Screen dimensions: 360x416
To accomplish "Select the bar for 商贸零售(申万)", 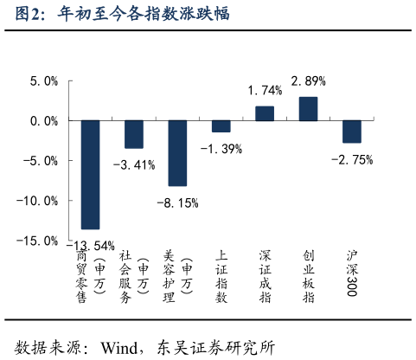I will [x=90, y=174].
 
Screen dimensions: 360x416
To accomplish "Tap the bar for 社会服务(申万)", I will [x=134, y=134].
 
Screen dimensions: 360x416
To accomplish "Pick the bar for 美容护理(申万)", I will [x=177, y=153].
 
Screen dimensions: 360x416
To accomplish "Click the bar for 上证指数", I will [x=221, y=126].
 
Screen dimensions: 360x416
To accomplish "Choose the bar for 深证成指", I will [x=265, y=113].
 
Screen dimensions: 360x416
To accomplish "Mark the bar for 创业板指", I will [x=309, y=109].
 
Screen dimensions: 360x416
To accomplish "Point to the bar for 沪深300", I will [x=352, y=132].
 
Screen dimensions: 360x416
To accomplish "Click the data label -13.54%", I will [x=90, y=245].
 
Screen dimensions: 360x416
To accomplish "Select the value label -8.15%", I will [x=177, y=203].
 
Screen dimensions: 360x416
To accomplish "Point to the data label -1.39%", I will [x=221, y=149].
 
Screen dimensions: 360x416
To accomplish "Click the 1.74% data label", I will [x=265, y=91].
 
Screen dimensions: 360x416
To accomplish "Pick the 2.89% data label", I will [x=309, y=81].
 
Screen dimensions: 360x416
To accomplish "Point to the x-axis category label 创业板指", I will [x=309, y=278].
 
